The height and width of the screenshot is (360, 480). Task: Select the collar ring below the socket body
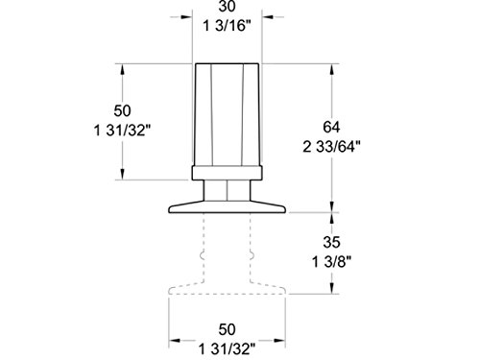[228, 174]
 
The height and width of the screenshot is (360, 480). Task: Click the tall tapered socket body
[228, 115]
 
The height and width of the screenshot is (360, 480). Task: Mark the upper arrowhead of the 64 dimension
[332, 68]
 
